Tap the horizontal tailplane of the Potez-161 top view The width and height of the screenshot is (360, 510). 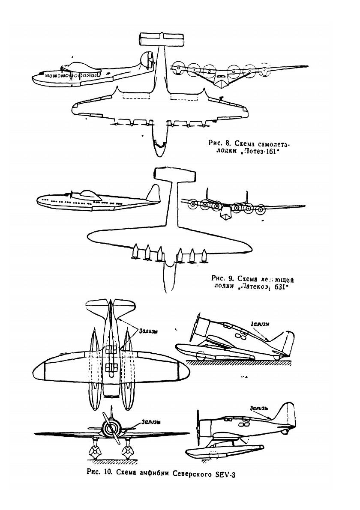coord(162,40)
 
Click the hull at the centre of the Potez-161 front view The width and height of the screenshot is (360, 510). coord(221,81)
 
